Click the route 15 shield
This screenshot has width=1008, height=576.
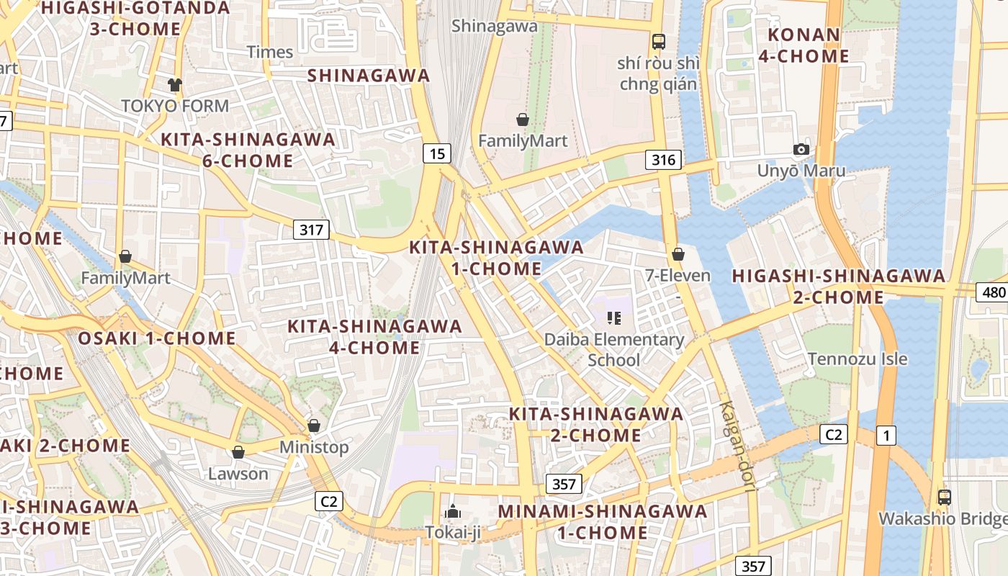click(437, 153)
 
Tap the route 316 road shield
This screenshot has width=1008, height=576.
click(663, 159)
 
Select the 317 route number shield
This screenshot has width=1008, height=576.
click(311, 230)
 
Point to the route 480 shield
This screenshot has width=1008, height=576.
click(992, 292)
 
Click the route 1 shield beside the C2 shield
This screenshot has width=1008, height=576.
click(886, 435)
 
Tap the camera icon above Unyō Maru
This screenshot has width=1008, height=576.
click(801, 149)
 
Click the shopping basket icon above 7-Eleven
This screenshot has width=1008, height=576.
click(678, 253)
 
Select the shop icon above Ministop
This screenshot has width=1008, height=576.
click(313, 426)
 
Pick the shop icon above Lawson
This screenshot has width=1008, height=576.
click(238, 452)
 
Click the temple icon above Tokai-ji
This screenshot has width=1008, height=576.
click(453, 511)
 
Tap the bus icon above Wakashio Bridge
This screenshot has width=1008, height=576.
click(944, 497)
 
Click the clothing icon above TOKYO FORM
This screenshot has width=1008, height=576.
click(174, 84)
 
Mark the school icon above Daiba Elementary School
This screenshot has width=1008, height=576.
click(613, 318)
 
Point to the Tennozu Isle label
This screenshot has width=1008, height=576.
click(857, 359)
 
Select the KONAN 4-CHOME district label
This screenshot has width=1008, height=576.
click(804, 45)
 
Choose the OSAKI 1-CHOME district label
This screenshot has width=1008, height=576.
click(157, 338)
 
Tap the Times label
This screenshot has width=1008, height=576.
click(270, 52)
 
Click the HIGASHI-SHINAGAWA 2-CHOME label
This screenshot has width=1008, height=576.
click(839, 287)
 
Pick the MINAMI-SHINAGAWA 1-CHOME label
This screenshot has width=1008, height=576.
click(603, 522)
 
